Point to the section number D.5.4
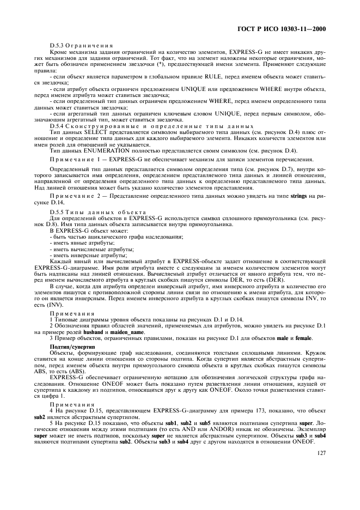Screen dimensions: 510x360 coord(58,126)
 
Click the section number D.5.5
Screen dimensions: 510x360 coord(58,211)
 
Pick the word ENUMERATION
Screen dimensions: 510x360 coord(98,150)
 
